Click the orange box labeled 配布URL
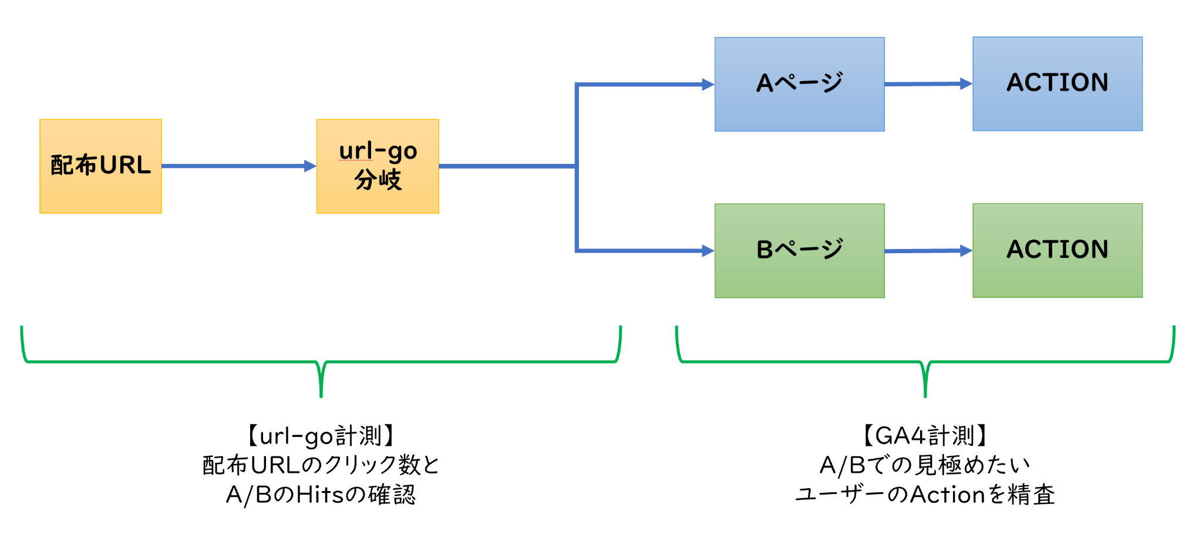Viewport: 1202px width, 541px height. tap(100, 166)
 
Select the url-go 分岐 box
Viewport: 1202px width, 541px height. tap(378, 166)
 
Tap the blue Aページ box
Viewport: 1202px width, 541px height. tap(799, 84)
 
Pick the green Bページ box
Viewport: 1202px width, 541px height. tap(799, 251)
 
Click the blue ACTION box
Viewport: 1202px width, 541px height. tap(1057, 84)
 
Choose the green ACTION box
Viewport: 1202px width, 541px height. tap(1057, 251)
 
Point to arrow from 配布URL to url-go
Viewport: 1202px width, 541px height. tap(238, 166)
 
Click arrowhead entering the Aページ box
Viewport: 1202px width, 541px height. tap(708, 85)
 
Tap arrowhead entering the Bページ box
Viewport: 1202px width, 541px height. tap(708, 251)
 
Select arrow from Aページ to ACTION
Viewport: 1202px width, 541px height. tap(928, 84)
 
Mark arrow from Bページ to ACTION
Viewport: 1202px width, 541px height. tap(928, 251)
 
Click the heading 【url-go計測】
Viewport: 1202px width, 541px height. tap(321, 436)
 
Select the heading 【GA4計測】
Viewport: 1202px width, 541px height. tap(925, 436)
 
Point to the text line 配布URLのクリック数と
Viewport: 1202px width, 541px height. tap(321, 465)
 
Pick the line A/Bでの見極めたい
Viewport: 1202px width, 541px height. tap(925, 465)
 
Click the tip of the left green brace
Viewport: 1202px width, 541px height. tap(321, 395)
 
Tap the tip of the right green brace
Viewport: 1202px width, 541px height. tap(925, 395)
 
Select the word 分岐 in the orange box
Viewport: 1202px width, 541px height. tap(378, 180)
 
